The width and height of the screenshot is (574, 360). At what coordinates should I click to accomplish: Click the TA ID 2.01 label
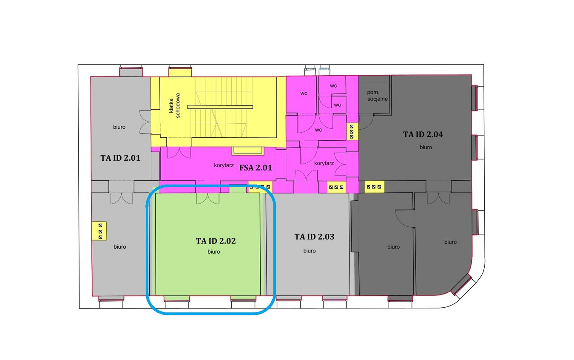click(120, 158)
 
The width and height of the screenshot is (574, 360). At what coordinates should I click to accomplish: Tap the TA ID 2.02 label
click(216, 241)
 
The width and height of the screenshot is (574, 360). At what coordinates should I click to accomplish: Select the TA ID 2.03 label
click(314, 236)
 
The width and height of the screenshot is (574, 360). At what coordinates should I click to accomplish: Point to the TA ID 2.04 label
click(423, 134)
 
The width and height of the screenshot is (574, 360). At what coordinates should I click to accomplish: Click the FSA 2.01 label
click(256, 168)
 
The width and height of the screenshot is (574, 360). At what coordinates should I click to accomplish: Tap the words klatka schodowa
click(174, 105)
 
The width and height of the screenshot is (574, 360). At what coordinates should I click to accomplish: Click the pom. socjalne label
click(377, 96)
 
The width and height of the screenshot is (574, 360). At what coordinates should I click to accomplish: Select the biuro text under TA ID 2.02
click(214, 252)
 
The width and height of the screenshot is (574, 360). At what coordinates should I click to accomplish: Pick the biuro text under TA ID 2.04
click(426, 147)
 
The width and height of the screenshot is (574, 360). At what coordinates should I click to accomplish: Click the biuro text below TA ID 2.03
click(309, 251)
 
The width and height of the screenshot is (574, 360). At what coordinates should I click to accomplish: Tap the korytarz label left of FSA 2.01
click(224, 165)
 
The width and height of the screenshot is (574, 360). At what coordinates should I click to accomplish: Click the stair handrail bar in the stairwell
click(220, 107)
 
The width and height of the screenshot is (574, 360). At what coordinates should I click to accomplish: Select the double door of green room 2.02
click(207, 198)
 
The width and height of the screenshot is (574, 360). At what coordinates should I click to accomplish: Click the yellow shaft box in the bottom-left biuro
click(99, 231)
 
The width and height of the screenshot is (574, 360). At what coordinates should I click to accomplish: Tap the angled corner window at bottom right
click(463, 286)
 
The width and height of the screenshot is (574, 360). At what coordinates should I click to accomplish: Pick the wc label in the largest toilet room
click(318, 130)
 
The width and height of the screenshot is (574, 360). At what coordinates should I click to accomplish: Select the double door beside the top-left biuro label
click(145, 122)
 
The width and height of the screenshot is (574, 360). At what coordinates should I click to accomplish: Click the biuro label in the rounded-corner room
click(450, 242)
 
